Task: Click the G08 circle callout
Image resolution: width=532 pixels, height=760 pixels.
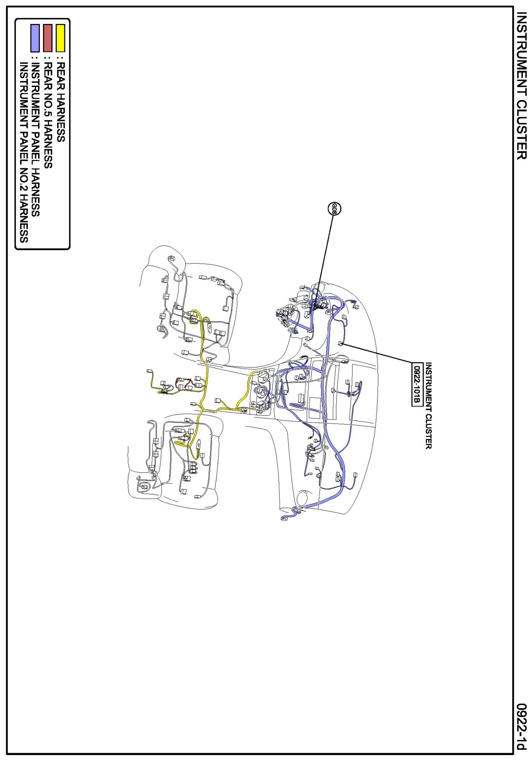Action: (x=334, y=208)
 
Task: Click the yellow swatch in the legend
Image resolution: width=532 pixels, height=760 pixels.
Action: (x=61, y=38)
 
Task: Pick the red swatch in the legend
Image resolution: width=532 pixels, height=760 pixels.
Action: (x=48, y=38)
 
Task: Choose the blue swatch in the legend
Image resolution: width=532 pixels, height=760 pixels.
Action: (x=35, y=38)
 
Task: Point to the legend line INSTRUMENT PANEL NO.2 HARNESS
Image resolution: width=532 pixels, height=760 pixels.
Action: (x=24, y=153)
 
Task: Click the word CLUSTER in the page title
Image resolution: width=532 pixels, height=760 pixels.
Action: (x=522, y=129)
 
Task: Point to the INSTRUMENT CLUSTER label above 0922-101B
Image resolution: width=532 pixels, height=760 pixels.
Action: (x=428, y=406)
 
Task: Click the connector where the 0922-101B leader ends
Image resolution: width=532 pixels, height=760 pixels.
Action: (x=340, y=343)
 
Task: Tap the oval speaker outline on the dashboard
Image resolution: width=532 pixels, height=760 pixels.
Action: (x=303, y=499)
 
